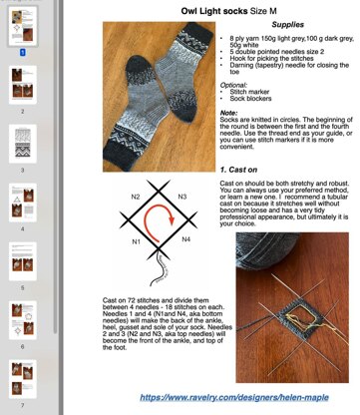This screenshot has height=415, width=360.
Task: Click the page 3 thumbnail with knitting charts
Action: tap(22, 144)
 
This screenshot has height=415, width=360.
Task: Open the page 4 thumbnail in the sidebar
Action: tap(22, 206)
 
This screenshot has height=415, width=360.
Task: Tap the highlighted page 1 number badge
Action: tap(22, 47)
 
